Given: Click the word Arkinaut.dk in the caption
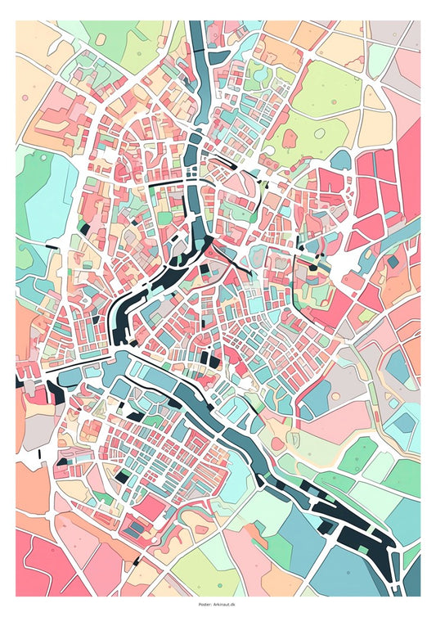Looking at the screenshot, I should pyautogui.click(x=224, y=605).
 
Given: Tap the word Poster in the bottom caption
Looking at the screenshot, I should pyautogui.click(x=205, y=605).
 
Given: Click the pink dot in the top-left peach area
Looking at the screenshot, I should pyautogui.click(x=25, y=99).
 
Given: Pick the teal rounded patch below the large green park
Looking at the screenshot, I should pyautogui.click(x=340, y=158).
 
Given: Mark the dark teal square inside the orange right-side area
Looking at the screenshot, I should pyautogui.click(x=393, y=262).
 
